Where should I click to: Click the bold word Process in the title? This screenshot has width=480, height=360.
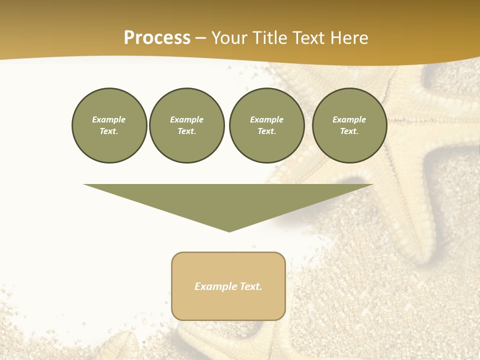tap(157, 38)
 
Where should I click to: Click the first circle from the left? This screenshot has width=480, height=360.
tap(109, 125)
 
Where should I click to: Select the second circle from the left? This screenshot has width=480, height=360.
tap(187, 125)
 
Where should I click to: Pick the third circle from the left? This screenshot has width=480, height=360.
tap(267, 125)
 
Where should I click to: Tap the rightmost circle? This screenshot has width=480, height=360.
tap(349, 125)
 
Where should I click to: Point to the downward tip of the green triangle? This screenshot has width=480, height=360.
tap(229, 231)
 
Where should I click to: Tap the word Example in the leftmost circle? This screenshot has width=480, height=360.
tap(109, 119)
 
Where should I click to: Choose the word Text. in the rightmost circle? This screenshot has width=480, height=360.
tap(349, 131)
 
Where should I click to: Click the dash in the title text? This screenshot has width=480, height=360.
tap(201, 38)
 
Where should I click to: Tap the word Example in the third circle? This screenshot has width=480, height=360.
tap(267, 119)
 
